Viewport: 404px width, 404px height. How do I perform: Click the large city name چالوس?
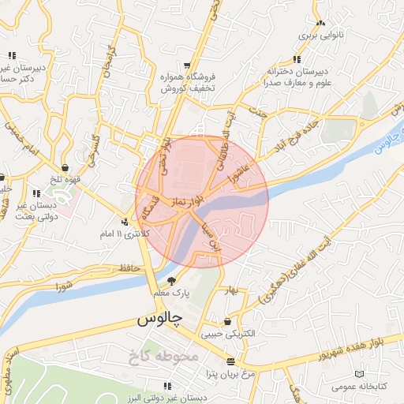[159, 319]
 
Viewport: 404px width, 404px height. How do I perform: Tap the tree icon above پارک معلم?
[170, 281]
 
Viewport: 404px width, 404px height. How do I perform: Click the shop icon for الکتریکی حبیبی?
[228, 322]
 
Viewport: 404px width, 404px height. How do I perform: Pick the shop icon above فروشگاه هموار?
[186, 65]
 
